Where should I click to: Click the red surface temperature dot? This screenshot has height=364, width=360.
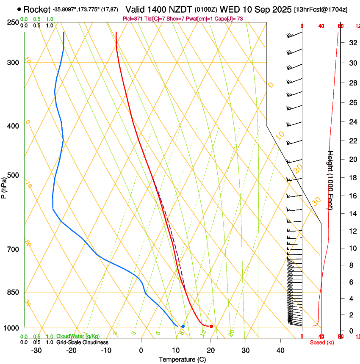click(211, 326)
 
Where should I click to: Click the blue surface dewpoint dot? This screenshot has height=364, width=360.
click(183, 326)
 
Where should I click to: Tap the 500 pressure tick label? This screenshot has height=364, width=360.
click(13, 175)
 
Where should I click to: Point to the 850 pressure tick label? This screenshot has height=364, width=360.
click(13, 292)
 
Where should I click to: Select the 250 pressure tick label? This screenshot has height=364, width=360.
click(13, 22)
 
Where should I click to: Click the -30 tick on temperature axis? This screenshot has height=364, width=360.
click(36, 350)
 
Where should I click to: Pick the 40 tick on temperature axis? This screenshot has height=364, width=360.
click(280, 350)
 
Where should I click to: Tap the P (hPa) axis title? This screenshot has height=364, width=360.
click(4, 188)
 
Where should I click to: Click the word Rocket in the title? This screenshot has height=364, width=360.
click(36, 9)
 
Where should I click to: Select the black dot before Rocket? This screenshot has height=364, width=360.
click(19, 9)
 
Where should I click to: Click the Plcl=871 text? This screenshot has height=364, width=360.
click(132, 19)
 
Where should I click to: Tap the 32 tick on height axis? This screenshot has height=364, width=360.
click(352, 43)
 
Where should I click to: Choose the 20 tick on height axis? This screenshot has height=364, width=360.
click(352, 159)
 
